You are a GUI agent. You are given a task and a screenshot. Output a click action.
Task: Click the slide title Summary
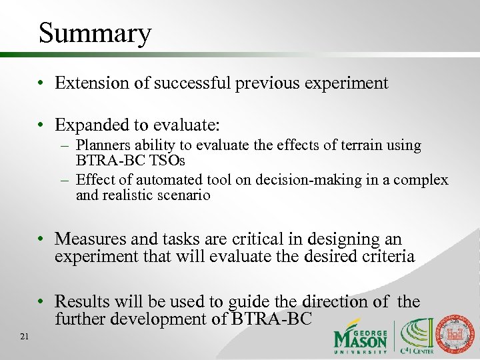[95, 33]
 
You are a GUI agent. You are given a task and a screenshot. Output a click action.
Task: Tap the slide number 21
[25, 337]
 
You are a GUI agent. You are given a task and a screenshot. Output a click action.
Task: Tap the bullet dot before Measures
[41, 239]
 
